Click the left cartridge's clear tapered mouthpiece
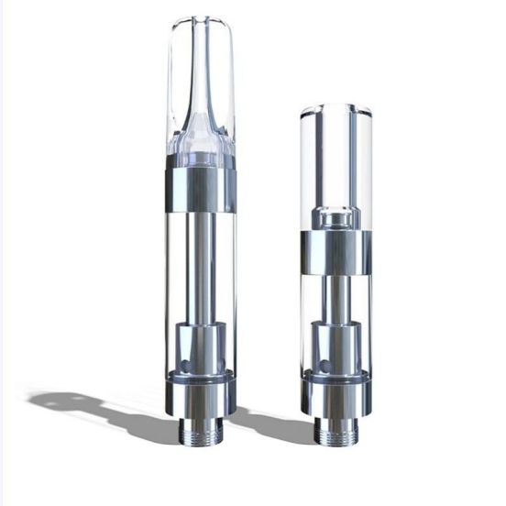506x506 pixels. (x=201, y=82)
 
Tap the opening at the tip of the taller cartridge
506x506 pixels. (x=201, y=20)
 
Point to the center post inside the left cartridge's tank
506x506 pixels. (x=201, y=266)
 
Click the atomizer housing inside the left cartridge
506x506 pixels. (x=201, y=344)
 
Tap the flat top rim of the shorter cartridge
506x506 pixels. (x=335, y=107)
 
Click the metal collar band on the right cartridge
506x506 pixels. (x=335, y=252)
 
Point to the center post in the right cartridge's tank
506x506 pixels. (x=335, y=298)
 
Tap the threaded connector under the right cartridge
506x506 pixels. (x=335, y=429)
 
